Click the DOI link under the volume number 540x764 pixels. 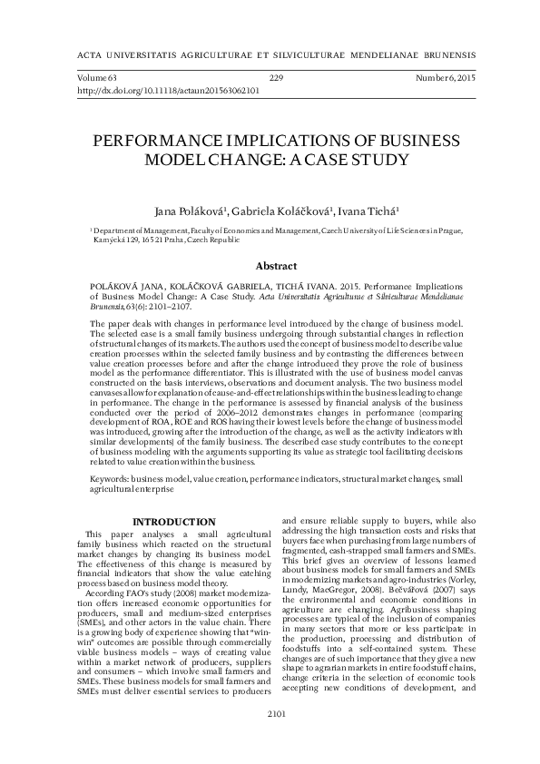pyautogui.click(x=169, y=92)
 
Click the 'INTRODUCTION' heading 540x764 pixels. pyautogui.click(x=173, y=522)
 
